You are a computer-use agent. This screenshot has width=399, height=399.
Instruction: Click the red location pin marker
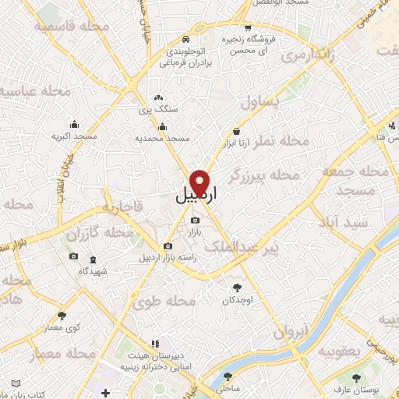[201, 182]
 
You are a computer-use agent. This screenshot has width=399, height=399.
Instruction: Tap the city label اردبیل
[195, 198]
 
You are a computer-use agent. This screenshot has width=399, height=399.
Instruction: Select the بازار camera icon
[195, 221]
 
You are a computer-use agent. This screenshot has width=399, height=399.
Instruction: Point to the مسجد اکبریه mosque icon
[74, 124]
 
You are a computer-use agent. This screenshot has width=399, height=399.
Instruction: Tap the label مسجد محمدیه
[163, 137]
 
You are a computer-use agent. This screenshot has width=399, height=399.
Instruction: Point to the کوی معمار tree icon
[62, 316]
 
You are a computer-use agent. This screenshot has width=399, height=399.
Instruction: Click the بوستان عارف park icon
[358, 377]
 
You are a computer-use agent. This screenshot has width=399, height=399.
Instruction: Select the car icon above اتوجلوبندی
[185, 40]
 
